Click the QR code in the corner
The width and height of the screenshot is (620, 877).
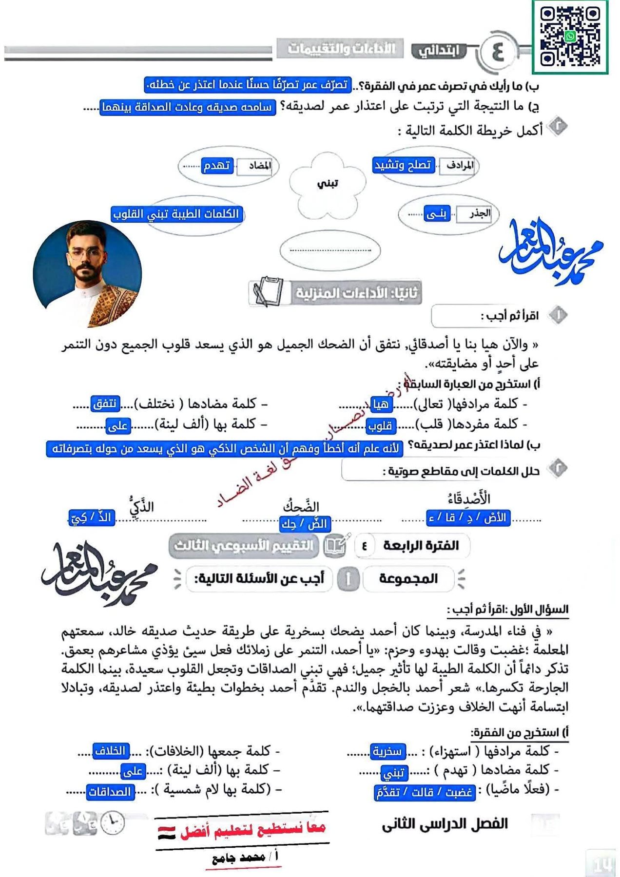pyautogui.click(x=570, y=37)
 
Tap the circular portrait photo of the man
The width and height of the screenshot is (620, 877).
pyautogui.click(x=87, y=273)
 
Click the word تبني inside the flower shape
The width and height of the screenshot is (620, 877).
pyautogui.click(x=327, y=184)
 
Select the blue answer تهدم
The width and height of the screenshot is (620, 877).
pyautogui.click(x=217, y=166)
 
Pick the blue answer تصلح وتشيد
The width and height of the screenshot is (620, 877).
pyautogui.click(x=403, y=165)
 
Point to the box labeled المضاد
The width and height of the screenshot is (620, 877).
pyautogui.click(x=257, y=166)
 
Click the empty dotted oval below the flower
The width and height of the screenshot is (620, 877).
pyautogui.click(x=330, y=250)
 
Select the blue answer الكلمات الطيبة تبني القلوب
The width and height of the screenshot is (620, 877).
pyautogui.click(x=176, y=214)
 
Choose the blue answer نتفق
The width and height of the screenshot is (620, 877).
pyautogui.click(x=105, y=403)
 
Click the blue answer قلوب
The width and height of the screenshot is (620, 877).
pyautogui.click(x=381, y=426)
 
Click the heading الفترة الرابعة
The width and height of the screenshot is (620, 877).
pyautogui.click(x=421, y=545)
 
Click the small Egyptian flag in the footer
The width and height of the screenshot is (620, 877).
pyautogui.click(x=166, y=833)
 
